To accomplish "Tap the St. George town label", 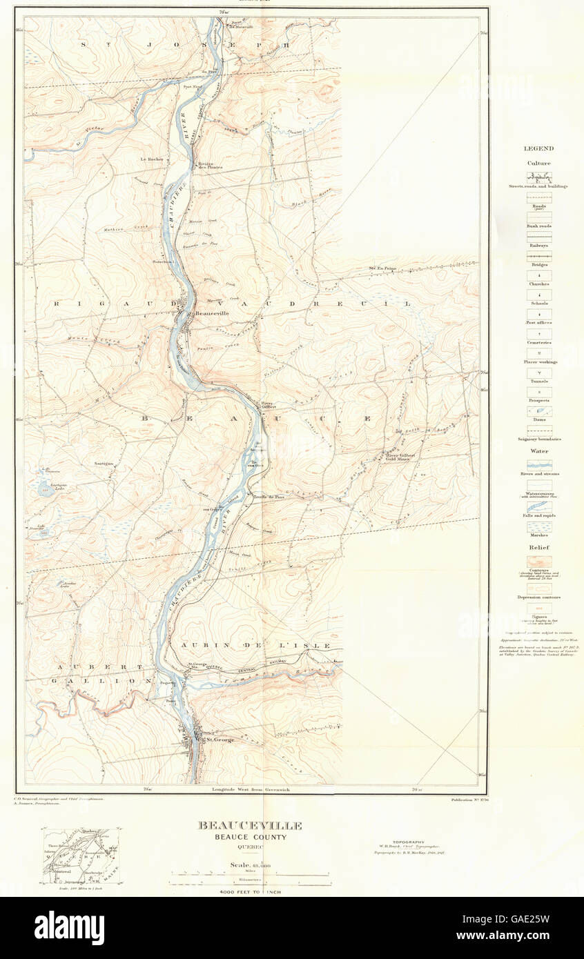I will (x=219, y=740).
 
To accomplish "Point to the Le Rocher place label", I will (x=152, y=159).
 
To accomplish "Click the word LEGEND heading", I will (x=538, y=148).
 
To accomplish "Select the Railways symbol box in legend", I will (x=538, y=237).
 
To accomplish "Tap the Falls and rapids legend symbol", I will (x=538, y=507).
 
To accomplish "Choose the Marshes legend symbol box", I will (x=538, y=526).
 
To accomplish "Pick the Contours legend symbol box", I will (x=538, y=562).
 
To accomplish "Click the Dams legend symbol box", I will (x=538, y=411).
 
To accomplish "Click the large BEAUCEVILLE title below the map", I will (x=250, y=825).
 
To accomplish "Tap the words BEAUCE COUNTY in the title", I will (x=250, y=837).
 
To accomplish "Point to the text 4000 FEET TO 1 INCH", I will (x=250, y=892).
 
